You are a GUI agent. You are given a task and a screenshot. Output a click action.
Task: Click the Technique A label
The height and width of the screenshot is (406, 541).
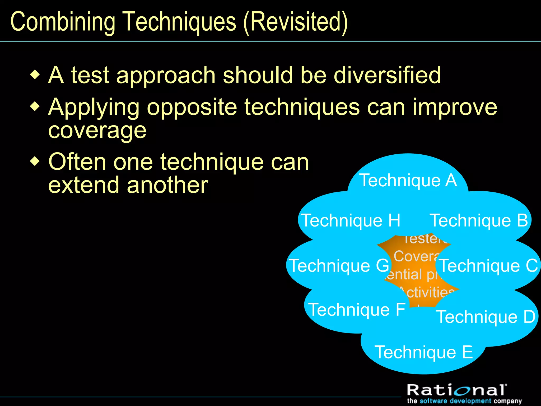[x=408, y=181]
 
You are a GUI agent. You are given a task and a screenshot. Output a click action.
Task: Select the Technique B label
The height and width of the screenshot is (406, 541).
[x=479, y=220]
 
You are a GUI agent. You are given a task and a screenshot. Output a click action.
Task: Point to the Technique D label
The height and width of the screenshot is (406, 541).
[x=486, y=317]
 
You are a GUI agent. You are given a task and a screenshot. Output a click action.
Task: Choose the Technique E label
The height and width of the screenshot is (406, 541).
[x=424, y=352]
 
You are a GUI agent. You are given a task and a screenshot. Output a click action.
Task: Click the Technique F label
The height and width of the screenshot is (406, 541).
[x=357, y=310]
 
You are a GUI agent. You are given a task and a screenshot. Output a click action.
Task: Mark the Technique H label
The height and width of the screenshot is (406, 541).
[x=351, y=220]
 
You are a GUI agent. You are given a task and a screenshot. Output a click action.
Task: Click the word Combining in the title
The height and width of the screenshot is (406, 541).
[x=63, y=22]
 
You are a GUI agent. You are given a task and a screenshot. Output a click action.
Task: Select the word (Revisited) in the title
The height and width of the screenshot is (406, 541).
[x=295, y=22]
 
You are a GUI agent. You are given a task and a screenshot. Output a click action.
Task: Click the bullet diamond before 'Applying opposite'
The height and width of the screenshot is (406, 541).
[x=35, y=107]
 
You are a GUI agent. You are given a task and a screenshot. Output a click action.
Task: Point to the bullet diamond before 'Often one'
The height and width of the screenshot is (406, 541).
[x=35, y=161]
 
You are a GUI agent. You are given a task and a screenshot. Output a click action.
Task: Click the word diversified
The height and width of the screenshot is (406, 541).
[x=387, y=75]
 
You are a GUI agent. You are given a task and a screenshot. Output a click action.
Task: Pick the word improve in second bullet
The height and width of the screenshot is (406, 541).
[x=454, y=107]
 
